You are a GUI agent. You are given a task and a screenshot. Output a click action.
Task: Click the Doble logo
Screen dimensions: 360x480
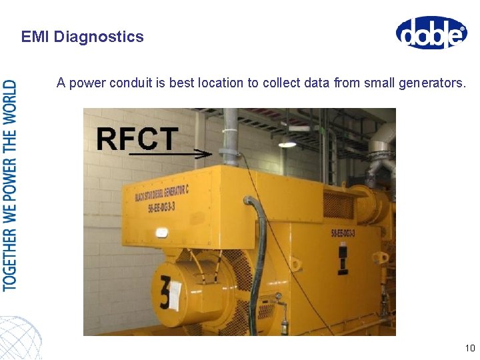point(431,33)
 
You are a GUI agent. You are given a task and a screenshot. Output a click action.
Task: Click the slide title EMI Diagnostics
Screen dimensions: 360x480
point(82,37)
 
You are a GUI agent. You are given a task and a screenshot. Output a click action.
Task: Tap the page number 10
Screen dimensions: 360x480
point(469,348)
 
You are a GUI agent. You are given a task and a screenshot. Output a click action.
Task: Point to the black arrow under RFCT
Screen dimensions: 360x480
point(170,154)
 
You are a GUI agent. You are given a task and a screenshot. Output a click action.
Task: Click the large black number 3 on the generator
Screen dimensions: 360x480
point(163,294)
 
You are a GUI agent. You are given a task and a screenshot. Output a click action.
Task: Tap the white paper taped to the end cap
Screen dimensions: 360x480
point(175,295)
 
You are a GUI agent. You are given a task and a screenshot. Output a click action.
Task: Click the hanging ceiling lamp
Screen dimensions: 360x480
point(287,142)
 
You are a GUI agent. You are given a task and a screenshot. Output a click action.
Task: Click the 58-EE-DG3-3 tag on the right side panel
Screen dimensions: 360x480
point(343,233)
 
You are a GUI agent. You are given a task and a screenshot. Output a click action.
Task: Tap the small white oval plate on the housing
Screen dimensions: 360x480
point(162,233)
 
